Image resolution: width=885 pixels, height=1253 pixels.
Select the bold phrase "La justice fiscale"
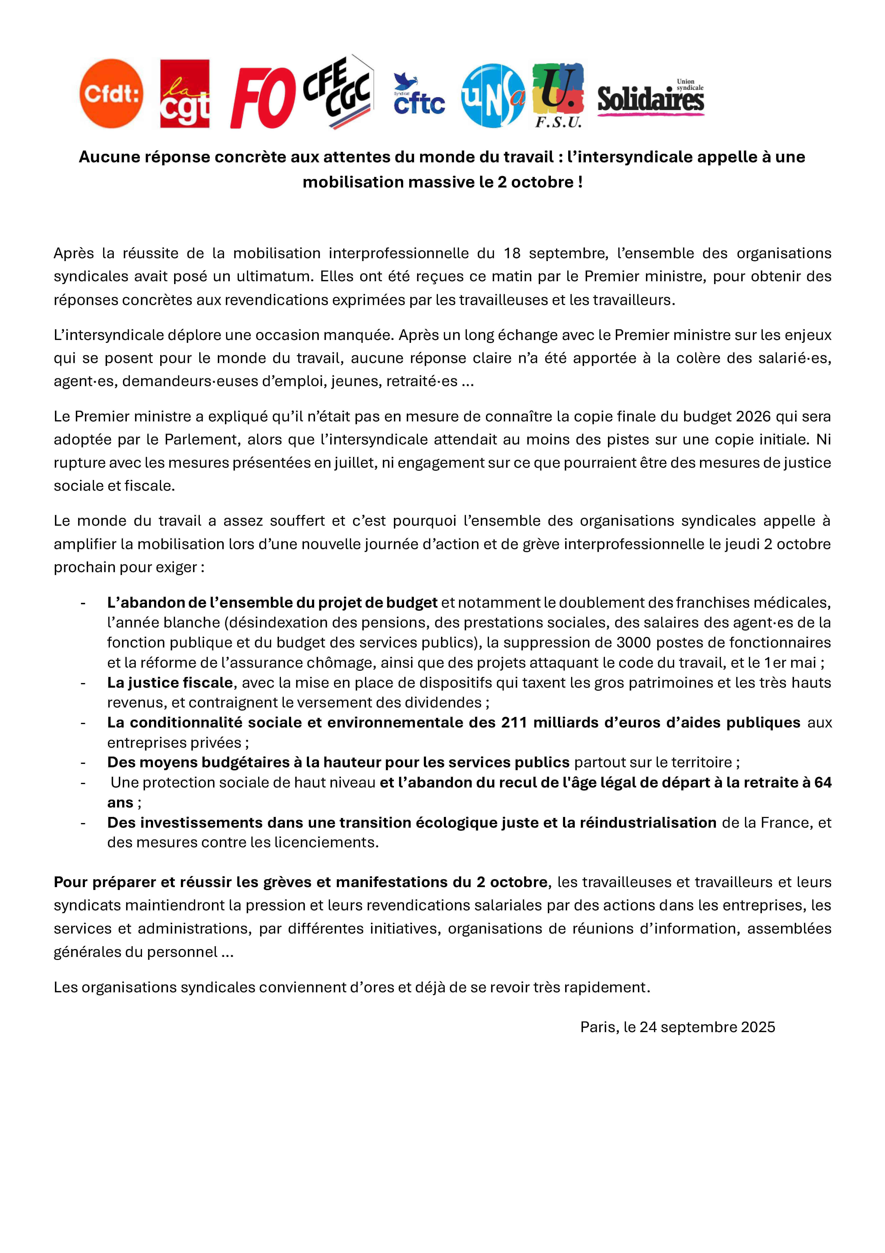tap(170, 683)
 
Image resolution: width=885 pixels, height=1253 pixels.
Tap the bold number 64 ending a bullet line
tap(823, 783)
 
